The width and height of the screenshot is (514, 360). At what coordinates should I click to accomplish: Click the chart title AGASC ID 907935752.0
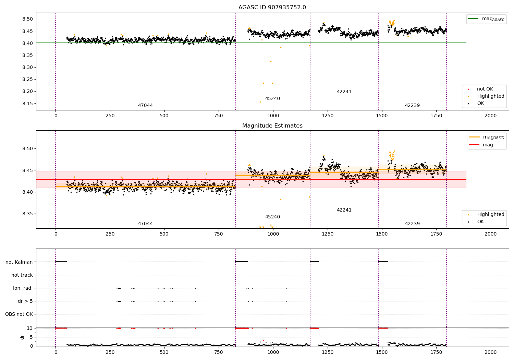(272, 8)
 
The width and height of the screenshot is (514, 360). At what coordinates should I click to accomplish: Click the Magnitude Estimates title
(272, 126)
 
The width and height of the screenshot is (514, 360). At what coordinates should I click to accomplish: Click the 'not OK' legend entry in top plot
(485, 89)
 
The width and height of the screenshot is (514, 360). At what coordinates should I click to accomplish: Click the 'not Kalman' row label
(19, 262)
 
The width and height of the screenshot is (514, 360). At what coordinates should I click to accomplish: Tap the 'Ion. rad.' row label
(23, 288)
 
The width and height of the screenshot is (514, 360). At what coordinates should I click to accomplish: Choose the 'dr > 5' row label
(25, 301)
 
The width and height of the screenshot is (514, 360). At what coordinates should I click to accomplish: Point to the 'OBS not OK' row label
(19, 314)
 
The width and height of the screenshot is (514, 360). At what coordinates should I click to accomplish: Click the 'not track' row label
(22, 275)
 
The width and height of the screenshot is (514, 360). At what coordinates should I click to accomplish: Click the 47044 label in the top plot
(145, 106)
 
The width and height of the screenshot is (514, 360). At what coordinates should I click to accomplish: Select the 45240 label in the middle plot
(272, 217)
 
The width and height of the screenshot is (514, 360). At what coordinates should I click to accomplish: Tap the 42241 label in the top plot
(344, 92)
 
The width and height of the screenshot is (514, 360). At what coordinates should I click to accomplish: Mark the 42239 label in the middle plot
(412, 224)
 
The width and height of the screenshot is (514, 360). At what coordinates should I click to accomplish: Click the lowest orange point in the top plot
(260, 102)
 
